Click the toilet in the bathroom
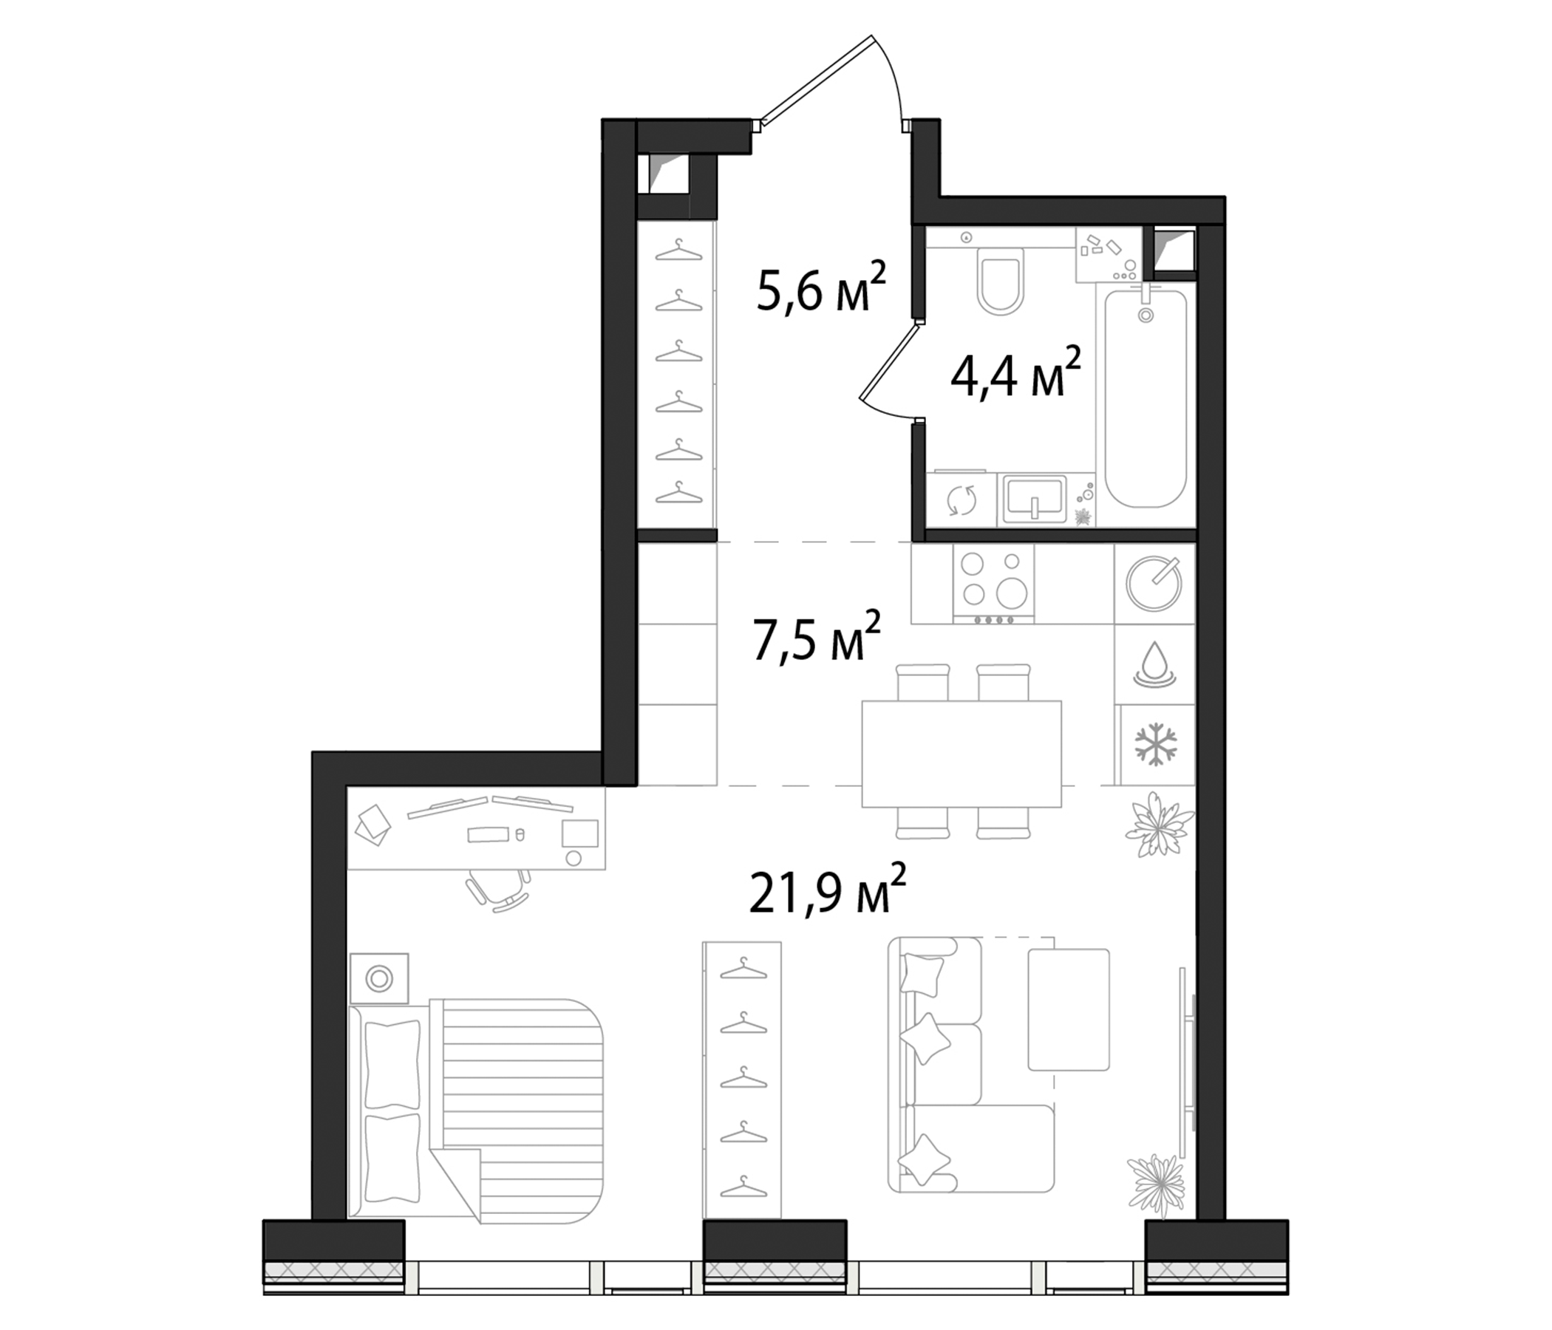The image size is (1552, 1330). tap(1001, 286)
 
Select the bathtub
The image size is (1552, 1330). tap(1146, 399)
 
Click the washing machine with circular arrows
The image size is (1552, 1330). tap(961, 500)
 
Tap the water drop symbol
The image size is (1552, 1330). tap(1154, 663)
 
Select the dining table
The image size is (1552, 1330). tap(962, 753)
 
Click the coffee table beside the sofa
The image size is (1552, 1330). tap(1068, 1009)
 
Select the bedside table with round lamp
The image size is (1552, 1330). tap(379, 978)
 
